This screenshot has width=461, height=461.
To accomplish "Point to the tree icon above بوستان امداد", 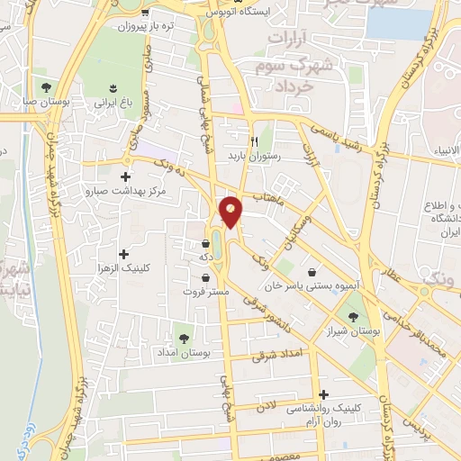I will coord(184,339).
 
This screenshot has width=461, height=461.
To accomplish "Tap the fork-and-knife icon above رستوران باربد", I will coord(254,141).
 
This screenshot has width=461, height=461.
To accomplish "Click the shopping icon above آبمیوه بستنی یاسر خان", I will coord(312,272).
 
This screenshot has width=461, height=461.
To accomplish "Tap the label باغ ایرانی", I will coord(114,104).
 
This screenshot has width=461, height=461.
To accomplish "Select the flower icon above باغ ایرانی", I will coord(113,87).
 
